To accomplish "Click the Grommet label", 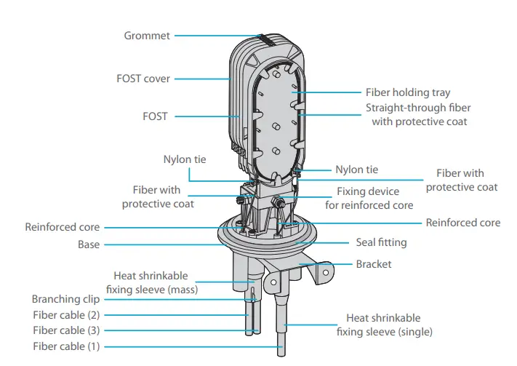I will click(148, 35).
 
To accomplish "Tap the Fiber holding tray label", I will click(407, 92).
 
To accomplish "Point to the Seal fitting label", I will click(381, 242).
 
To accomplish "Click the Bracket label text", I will click(373, 263).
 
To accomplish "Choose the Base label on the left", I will click(89, 245).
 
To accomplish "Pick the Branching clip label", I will click(65, 299).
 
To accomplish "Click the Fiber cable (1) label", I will click(66, 347).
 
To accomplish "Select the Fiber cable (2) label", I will click(66, 315).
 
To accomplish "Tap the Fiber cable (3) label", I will click(66, 330).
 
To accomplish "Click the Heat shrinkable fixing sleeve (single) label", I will click(384, 325).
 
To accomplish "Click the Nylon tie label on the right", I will click(356, 170).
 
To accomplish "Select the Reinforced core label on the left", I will click(63, 227).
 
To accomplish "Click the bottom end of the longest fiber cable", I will click(282, 351).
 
